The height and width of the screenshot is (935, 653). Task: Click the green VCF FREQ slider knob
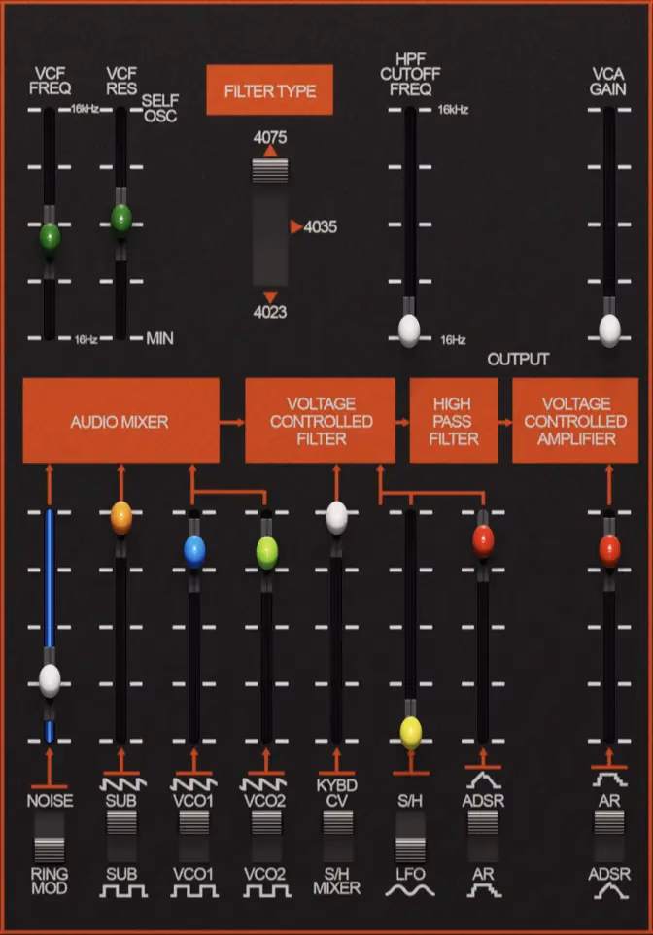pyautogui.click(x=50, y=236)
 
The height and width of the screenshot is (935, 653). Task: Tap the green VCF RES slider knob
pyautogui.click(x=121, y=218)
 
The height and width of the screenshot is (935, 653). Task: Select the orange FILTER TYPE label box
pyautogui.click(x=269, y=90)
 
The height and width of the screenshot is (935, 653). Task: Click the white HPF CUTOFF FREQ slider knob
pyautogui.click(x=409, y=331)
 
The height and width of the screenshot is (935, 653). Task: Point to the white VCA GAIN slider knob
pyautogui.click(x=609, y=331)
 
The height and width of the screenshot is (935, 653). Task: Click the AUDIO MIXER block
pyautogui.click(x=121, y=421)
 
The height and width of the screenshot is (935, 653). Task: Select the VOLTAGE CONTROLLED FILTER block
pyautogui.click(x=321, y=421)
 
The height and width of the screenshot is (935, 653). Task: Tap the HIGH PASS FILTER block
pyautogui.click(x=454, y=421)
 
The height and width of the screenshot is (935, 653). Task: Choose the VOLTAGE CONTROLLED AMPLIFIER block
pyautogui.click(x=575, y=421)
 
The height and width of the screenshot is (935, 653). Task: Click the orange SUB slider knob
pyautogui.click(x=121, y=518)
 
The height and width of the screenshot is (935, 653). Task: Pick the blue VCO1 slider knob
pyautogui.click(x=194, y=552)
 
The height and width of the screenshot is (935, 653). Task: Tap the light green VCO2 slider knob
pyautogui.click(x=266, y=553)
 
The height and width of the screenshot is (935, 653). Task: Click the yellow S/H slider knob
pyautogui.click(x=411, y=733)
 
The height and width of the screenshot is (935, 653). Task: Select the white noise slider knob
pyautogui.click(x=50, y=680)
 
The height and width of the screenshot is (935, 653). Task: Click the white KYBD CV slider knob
pyautogui.click(x=337, y=518)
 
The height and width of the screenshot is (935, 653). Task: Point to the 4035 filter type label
pyautogui.click(x=321, y=226)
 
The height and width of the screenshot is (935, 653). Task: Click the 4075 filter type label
pyautogui.click(x=270, y=137)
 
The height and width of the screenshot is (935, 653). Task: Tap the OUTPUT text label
pyautogui.click(x=518, y=359)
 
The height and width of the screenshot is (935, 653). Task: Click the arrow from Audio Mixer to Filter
pyautogui.click(x=232, y=422)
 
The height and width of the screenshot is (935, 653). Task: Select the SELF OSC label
pyautogui.click(x=160, y=108)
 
